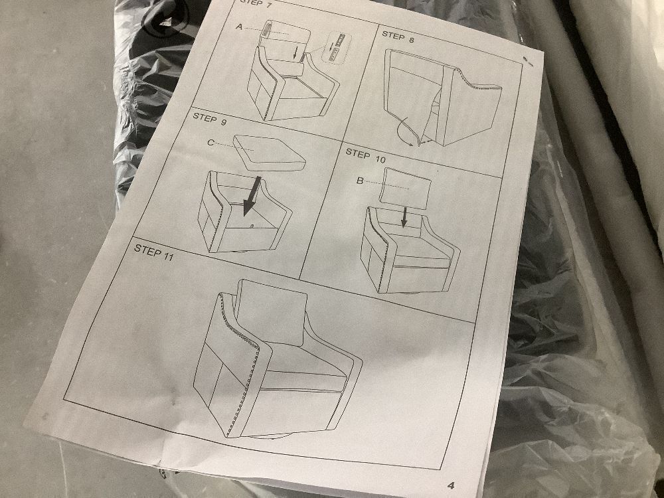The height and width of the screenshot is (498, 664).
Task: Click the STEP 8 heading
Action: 398,37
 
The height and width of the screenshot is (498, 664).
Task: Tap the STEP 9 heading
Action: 210,119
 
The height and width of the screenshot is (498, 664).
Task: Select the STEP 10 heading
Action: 365,155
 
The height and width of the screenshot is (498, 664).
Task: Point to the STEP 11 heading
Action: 154,251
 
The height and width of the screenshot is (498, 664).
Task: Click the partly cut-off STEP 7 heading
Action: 256,3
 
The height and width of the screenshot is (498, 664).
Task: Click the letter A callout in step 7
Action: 239,27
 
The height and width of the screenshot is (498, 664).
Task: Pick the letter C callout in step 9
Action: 210,143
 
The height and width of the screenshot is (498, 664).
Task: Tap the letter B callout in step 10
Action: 360,181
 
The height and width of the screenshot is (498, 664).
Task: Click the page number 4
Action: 451,485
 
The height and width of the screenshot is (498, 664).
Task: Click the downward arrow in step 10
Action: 404,216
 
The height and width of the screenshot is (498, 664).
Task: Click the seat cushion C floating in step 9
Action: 270,153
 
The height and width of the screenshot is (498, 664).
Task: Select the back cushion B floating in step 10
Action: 405,189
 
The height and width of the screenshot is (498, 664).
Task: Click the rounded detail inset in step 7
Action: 337,47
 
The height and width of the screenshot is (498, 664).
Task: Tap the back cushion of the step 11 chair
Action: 271,311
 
